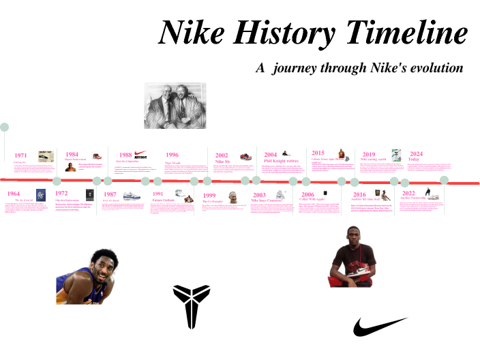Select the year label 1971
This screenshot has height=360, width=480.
click(x=20, y=155)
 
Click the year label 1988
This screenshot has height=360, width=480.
click(x=125, y=155)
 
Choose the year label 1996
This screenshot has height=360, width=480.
click(x=172, y=155)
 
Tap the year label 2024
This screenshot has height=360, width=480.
click(x=416, y=154)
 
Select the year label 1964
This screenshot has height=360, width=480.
click(x=13, y=194)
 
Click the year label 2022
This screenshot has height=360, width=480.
click(x=408, y=194)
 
